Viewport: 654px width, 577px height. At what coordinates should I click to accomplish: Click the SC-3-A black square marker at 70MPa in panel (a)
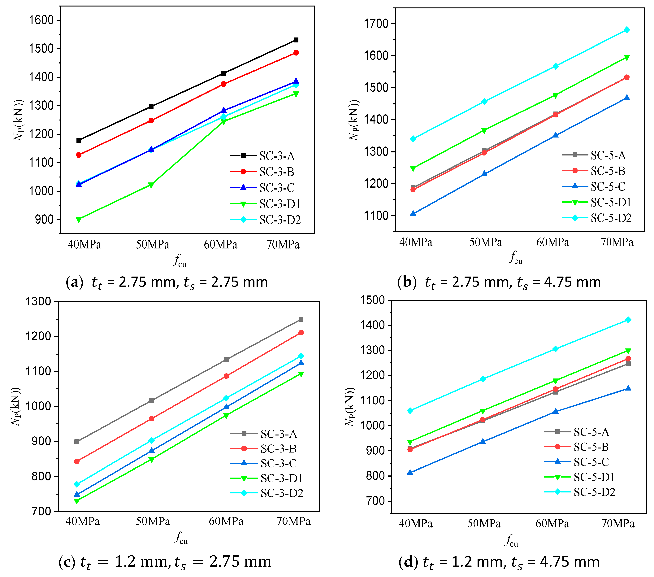point(296,40)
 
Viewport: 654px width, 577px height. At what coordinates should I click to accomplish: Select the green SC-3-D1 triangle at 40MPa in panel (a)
point(79,220)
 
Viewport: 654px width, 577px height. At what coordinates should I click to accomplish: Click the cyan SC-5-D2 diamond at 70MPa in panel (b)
point(627,30)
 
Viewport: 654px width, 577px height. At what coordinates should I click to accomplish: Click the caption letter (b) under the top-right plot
point(407,282)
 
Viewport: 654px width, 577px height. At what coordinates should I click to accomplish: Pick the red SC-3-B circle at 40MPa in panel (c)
point(77,461)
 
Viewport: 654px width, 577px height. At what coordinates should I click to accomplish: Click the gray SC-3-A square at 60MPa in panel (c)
point(226,360)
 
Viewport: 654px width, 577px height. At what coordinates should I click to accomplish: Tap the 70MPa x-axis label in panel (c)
point(293,521)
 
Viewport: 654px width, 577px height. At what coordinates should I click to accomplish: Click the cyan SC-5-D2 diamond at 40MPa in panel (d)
point(410,411)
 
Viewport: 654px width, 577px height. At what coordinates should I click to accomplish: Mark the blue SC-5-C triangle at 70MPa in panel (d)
point(628,388)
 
